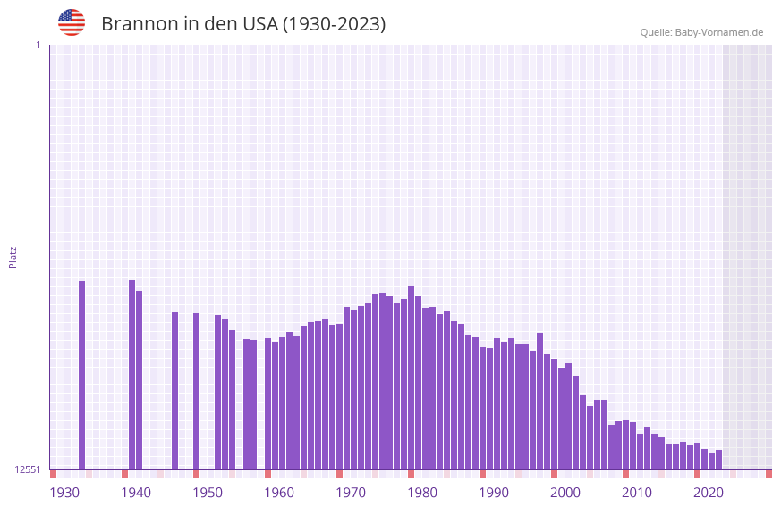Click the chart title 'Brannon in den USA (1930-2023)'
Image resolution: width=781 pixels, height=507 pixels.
point(243,24)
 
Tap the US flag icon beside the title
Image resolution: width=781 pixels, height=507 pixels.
point(72,22)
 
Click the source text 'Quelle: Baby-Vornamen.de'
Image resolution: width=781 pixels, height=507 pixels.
point(701,32)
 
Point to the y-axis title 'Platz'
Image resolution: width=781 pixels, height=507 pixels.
point(13,257)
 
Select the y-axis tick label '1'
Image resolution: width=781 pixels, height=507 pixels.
point(38,45)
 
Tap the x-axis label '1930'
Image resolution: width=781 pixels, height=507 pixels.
point(64,492)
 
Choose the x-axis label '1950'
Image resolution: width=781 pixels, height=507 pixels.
point(208,492)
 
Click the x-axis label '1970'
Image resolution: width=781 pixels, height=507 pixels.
point(351,492)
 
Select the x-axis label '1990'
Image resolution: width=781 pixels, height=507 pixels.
point(494,492)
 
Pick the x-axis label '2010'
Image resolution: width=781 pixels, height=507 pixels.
point(637,492)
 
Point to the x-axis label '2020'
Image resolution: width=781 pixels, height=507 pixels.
point(709,492)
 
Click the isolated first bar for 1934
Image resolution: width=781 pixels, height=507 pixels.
point(81,376)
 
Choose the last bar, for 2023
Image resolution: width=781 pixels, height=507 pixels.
point(718,460)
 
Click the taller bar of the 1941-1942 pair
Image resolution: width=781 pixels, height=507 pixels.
point(132,375)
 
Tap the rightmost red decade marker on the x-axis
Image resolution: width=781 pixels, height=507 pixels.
point(768,474)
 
